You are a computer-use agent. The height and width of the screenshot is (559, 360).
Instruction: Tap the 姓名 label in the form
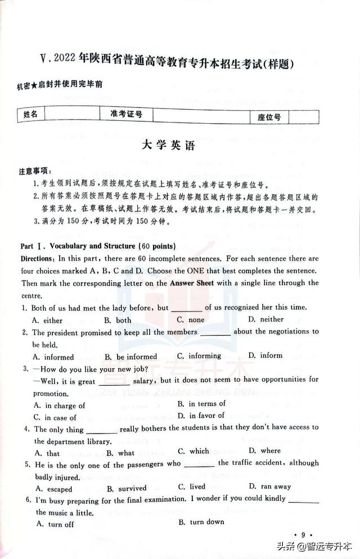[31, 115]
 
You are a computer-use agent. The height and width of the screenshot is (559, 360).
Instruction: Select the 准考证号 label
[126, 115]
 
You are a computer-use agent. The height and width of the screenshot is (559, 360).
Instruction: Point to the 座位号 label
[269, 117]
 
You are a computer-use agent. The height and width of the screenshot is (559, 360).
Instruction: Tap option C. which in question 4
[193, 451]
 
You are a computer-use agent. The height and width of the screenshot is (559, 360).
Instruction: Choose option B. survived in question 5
[126, 488]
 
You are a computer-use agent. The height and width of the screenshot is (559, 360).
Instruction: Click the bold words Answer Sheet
[192, 283]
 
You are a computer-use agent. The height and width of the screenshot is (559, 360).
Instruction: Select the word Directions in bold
[38, 259]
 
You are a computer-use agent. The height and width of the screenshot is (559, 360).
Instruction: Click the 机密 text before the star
[23, 86]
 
